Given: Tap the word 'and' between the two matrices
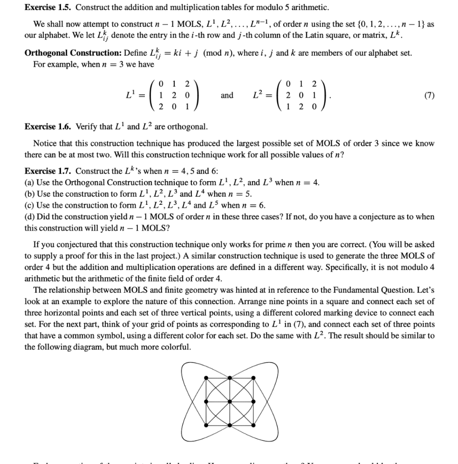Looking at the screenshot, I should [227, 95].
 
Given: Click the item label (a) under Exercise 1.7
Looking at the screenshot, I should [29, 183].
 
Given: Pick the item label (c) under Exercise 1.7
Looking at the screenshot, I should [29, 205].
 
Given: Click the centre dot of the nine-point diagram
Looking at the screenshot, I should [229, 401].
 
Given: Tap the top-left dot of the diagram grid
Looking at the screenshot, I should [206, 378].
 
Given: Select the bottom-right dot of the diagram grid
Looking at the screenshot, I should [253, 425].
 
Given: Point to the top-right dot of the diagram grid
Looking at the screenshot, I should [253, 378].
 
